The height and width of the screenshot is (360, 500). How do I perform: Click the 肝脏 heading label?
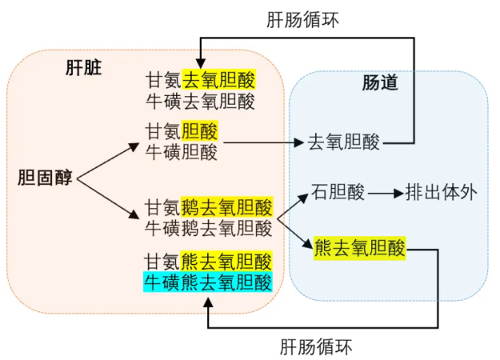tap(83, 68)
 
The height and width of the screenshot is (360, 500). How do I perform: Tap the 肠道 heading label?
tap(380, 82)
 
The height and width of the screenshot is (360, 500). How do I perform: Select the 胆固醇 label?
tap(45, 178)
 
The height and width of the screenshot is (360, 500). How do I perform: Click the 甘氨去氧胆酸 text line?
tap(201, 79)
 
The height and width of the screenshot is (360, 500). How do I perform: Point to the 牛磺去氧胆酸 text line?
tap(201, 101)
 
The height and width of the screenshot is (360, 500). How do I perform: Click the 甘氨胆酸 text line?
tap(182, 130)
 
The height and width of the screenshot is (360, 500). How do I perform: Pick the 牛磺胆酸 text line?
tap(182, 152)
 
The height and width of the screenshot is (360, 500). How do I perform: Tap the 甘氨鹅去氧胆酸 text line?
tap(209, 207)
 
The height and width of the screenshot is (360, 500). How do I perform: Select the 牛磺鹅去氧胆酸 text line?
tap(209, 228)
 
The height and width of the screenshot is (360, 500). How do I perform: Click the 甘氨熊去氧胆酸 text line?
tap(208, 261)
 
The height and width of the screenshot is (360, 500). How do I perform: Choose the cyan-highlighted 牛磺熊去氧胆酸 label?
tap(208, 282)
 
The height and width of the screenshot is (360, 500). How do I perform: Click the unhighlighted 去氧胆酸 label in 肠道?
tap(344, 142)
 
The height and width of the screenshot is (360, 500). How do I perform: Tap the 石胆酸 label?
tap(338, 192)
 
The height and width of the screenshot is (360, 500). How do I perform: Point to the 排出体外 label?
tap(442, 192)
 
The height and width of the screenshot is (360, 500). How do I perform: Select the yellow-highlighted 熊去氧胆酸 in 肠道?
tap(360, 248)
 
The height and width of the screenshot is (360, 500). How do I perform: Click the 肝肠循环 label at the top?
tap(302, 20)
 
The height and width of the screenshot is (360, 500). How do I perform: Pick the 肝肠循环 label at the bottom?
tap(316, 346)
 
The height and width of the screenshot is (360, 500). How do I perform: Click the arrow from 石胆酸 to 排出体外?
tap(386, 194)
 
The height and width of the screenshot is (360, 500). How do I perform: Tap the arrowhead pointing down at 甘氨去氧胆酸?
tap(201, 63)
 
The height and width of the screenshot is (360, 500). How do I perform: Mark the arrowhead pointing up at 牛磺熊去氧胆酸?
tap(208, 302)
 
